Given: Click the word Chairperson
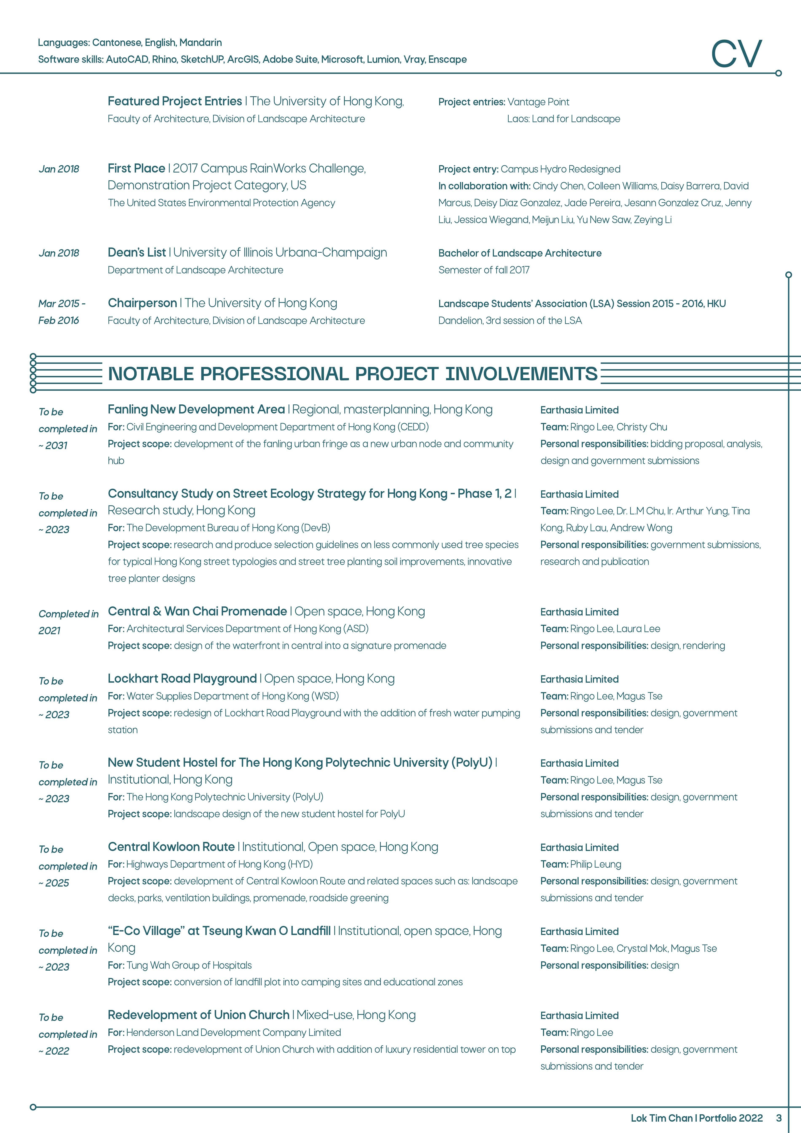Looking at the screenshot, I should (142, 303).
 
